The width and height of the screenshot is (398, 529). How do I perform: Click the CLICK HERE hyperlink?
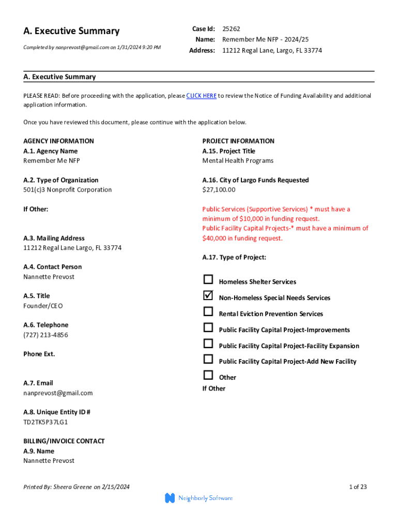click(x=201, y=96)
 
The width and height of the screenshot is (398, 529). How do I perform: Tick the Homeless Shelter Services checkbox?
click(x=208, y=280)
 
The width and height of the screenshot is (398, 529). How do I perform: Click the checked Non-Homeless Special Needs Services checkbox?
click(x=208, y=295)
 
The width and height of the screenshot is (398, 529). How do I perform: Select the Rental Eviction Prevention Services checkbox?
click(x=208, y=312)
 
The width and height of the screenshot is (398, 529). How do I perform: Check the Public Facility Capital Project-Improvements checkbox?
click(x=208, y=328)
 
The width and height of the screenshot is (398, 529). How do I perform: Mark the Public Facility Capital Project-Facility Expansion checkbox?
click(x=208, y=344)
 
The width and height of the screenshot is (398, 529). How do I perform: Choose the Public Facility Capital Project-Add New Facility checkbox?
click(x=208, y=359)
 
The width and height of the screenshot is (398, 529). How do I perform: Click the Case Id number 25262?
click(x=231, y=29)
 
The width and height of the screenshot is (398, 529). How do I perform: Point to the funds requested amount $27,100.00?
click(x=219, y=190)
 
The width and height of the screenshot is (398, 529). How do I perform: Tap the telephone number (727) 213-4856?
click(x=45, y=335)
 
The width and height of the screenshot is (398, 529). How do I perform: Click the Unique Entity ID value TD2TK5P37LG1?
click(x=45, y=422)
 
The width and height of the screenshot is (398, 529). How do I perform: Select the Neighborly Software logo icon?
click(x=170, y=498)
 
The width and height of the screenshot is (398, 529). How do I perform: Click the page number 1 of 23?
click(x=358, y=487)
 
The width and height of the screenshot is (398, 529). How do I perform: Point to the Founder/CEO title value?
click(x=43, y=306)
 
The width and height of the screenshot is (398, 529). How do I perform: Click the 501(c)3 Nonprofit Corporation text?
click(x=67, y=190)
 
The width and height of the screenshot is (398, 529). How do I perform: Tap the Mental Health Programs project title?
click(x=238, y=161)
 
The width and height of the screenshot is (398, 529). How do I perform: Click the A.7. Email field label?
click(x=38, y=383)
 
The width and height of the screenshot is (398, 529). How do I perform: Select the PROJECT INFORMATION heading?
click(x=238, y=141)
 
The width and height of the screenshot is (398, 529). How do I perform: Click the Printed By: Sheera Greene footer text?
click(x=76, y=487)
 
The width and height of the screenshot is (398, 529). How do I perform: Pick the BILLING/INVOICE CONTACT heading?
click(x=64, y=441)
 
